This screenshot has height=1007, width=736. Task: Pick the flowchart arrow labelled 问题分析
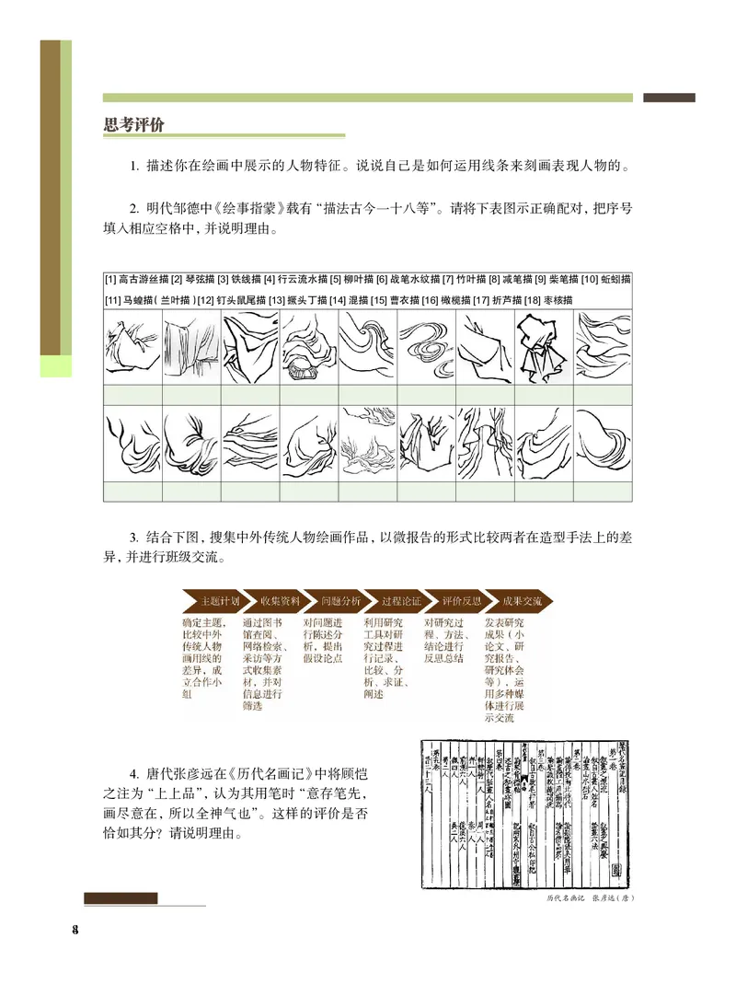(334, 601)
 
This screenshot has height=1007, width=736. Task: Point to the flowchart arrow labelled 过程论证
(395, 601)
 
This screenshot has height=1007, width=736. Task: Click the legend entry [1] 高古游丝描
(137, 279)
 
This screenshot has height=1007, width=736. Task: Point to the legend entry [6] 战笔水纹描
(407, 279)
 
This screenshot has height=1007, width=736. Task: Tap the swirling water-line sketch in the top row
(427, 347)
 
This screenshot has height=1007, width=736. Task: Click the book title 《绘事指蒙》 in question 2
(244, 208)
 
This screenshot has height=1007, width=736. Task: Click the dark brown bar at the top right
(669, 98)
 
